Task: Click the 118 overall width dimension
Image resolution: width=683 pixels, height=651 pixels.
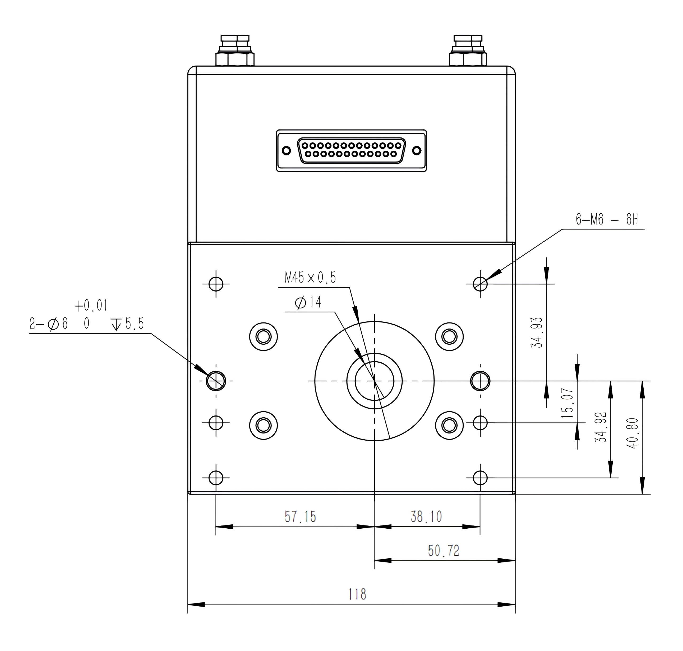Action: tap(357, 594)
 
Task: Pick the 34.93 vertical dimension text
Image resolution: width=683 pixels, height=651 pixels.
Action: tap(537, 333)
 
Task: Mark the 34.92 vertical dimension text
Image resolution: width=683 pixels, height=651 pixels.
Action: tap(601, 427)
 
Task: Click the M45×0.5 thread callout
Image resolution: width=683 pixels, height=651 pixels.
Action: tap(310, 278)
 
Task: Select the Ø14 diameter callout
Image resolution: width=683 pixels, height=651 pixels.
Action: tap(308, 303)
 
